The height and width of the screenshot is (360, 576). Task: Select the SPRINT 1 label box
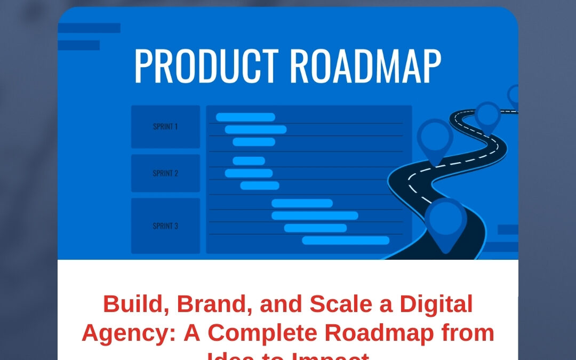click(165, 127)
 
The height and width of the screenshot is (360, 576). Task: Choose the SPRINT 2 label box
click(165, 173)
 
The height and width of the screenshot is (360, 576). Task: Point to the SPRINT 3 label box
click(165, 226)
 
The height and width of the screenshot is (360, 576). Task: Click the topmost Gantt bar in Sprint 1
click(245, 117)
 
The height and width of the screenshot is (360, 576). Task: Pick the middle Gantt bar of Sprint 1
click(255, 130)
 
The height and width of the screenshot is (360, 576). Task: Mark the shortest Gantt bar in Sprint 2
click(249, 161)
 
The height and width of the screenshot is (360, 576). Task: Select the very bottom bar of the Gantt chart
click(346, 241)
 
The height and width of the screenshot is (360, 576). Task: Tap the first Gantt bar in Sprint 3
click(302, 203)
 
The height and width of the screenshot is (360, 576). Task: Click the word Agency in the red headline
click(129, 333)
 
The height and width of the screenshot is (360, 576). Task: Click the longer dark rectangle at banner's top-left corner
click(89, 28)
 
